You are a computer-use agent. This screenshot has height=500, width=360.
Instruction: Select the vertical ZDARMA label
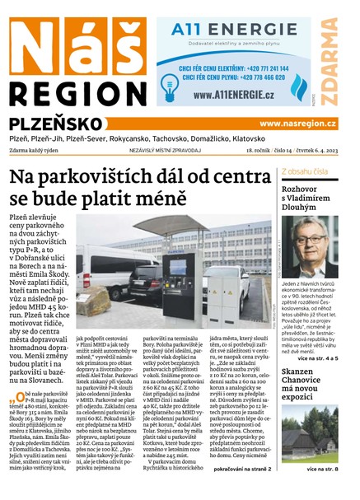tap(330, 58)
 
